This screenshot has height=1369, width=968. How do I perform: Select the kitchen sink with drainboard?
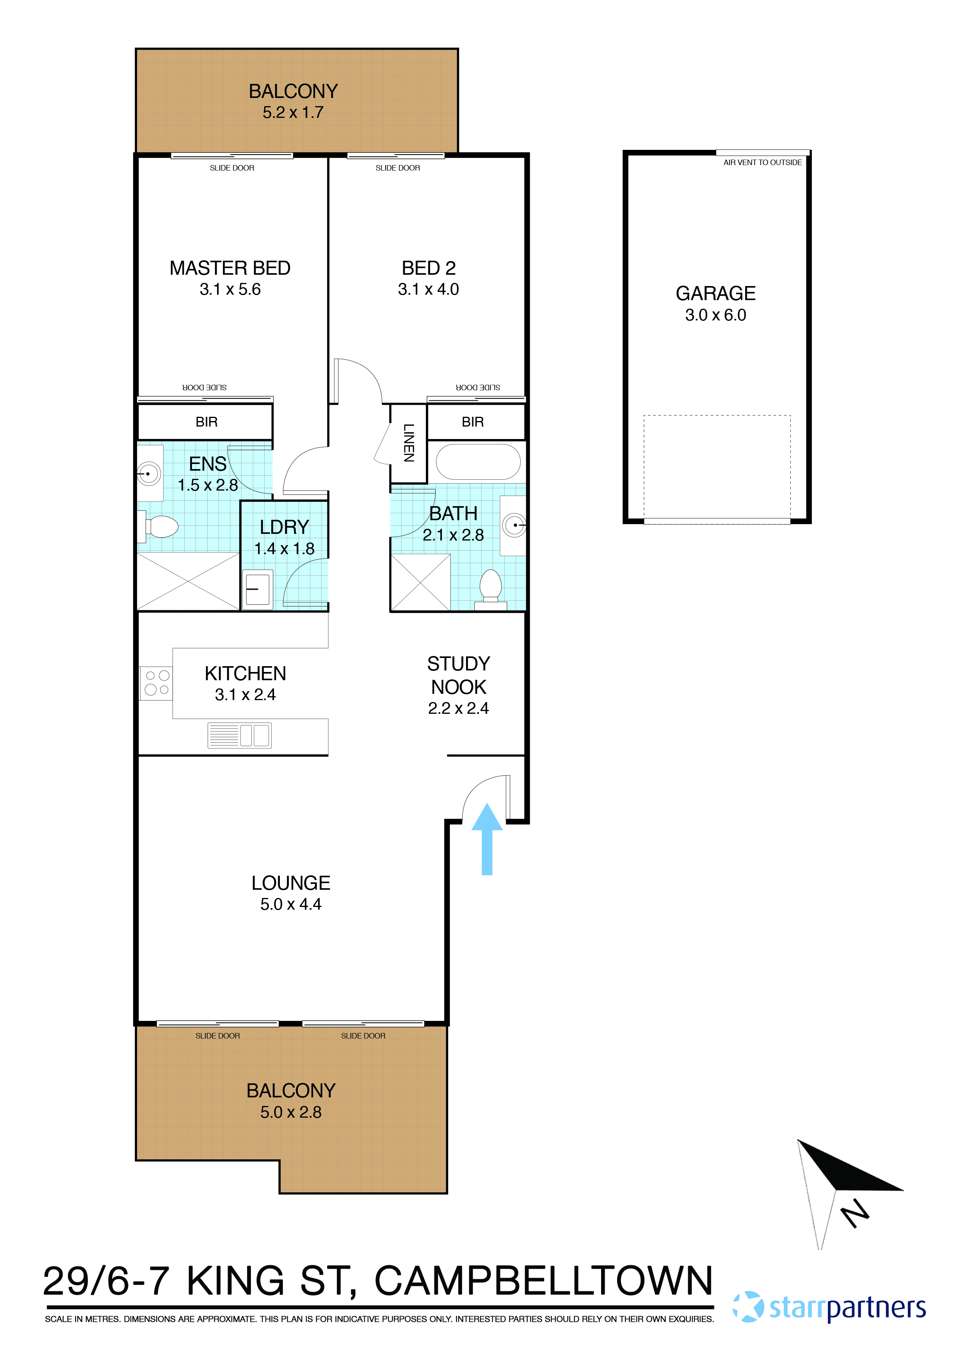239,735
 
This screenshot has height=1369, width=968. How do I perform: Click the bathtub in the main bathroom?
478,462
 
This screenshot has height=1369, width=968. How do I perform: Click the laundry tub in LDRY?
258,589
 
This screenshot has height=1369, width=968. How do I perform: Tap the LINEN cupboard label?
409,443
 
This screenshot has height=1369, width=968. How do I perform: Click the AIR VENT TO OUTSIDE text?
762,162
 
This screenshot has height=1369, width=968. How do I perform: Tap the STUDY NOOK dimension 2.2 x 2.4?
458,708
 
